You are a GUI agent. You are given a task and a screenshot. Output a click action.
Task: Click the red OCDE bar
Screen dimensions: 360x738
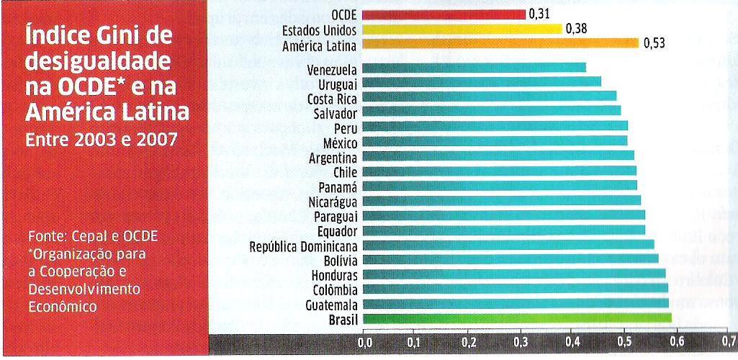point(444,14)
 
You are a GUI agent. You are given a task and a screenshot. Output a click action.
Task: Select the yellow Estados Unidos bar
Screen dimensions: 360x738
point(462,30)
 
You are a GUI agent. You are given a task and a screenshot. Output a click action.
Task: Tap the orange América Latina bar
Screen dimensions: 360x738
point(500,43)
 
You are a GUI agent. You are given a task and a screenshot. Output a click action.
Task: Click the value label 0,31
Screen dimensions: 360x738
point(538,14)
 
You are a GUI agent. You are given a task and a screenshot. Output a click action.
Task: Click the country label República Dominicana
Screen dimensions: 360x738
point(304,245)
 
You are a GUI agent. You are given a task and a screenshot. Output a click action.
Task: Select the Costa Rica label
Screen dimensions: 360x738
point(332,98)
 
